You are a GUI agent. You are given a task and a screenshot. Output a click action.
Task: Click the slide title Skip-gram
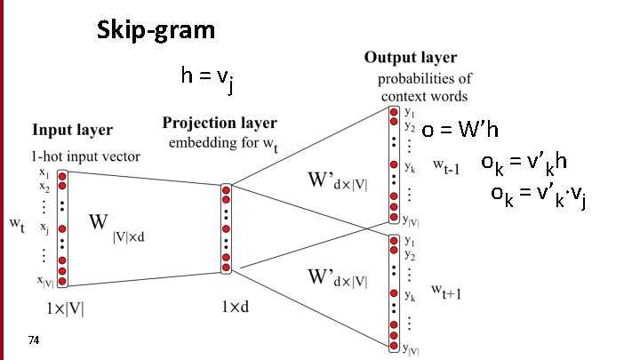coord(156,31)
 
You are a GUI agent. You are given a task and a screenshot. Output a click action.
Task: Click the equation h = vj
coord(207,78)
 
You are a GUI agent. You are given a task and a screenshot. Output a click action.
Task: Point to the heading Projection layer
coord(220,123)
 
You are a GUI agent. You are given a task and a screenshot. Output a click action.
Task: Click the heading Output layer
coord(410,58)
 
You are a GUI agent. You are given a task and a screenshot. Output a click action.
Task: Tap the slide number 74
coord(34,340)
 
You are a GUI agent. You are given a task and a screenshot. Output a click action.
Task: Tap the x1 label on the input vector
coord(44,174)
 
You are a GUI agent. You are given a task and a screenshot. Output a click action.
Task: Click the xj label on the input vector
coord(44,228)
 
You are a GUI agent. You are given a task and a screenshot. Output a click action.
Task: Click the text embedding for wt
coord(221,143)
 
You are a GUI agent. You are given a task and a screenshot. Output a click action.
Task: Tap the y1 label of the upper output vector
coord(409,112)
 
